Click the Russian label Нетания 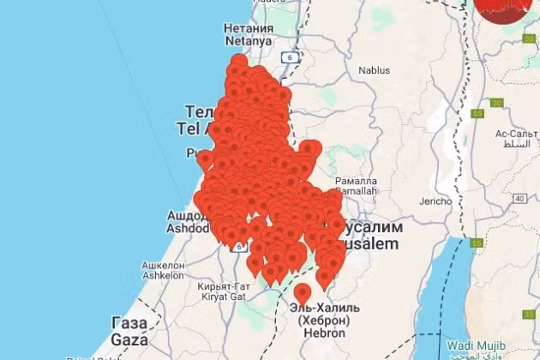(x=249, y=28)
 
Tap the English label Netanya (x=249, y=40)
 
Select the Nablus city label (x=374, y=71)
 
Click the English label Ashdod (x=186, y=230)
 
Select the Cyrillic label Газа (x=129, y=321)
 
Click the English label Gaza (x=129, y=336)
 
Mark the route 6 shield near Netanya (x=291, y=57)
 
